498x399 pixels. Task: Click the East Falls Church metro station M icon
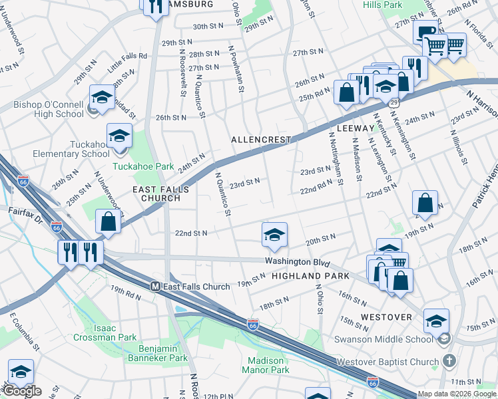(x=155, y=287)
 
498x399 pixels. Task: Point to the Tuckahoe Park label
(x=133, y=166)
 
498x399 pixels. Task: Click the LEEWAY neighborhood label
(x=356, y=128)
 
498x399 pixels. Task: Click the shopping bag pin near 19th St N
(x=425, y=203)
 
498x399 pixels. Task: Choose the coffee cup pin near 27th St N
(x=424, y=31)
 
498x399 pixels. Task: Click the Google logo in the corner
(x=22, y=391)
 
